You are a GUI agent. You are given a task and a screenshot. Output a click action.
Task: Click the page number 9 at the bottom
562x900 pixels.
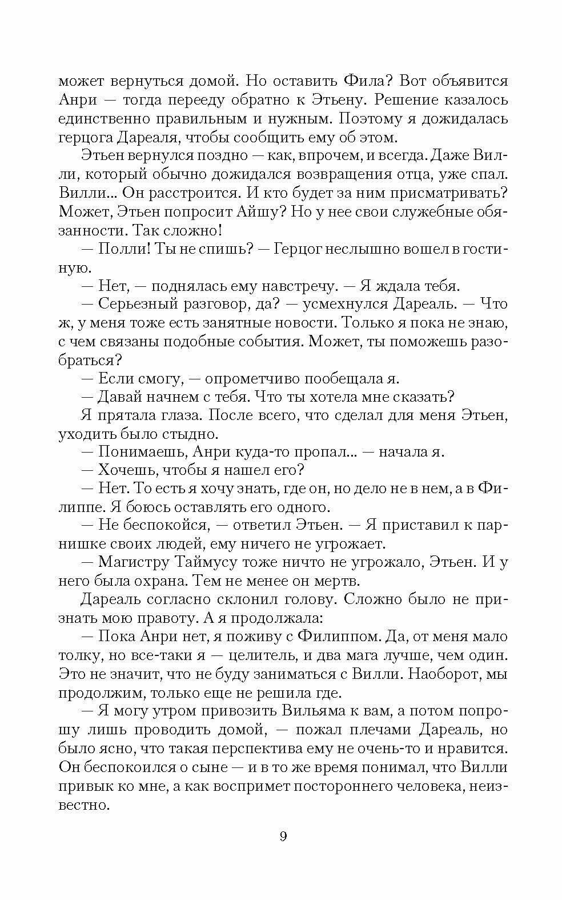click(x=283, y=837)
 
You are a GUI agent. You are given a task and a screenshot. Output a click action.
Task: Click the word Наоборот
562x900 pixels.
click(x=443, y=674)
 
